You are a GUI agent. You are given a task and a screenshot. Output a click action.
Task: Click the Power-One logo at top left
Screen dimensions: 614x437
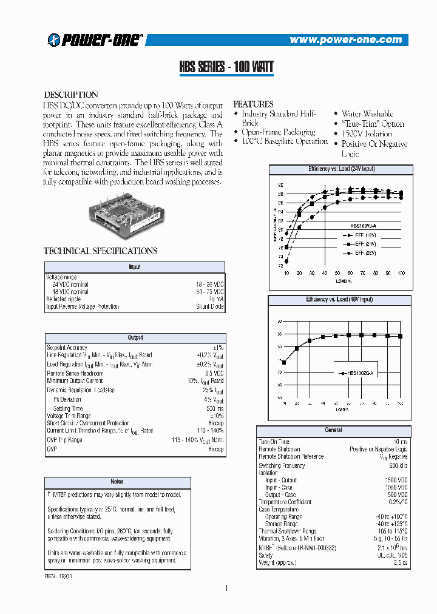click(x=95, y=40)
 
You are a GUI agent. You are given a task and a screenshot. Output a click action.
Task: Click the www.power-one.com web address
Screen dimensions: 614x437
click(x=345, y=40)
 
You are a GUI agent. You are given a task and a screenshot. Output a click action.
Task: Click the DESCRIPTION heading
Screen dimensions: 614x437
click(x=71, y=95)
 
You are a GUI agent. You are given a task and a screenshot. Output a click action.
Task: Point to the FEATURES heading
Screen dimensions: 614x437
click(x=254, y=104)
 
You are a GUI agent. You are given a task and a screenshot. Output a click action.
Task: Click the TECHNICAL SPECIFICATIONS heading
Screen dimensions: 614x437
click(x=101, y=251)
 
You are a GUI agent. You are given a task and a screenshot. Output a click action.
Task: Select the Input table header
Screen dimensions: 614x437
click(x=135, y=266)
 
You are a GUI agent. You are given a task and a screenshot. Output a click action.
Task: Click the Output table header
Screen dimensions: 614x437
click(x=135, y=337)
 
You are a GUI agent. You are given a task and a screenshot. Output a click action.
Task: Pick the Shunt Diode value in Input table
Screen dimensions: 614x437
click(x=210, y=307)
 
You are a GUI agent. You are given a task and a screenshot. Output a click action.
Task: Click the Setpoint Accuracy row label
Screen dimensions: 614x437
click(x=67, y=348)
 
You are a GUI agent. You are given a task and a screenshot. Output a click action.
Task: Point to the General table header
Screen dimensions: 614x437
click(x=333, y=430)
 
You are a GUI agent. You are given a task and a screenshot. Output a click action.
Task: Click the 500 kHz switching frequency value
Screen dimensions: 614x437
click(x=398, y=465)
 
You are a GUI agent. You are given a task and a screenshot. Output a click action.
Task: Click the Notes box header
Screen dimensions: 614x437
click(x=117, y=482)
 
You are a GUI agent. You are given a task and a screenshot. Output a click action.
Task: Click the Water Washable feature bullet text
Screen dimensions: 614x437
click(x=367, y=114)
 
